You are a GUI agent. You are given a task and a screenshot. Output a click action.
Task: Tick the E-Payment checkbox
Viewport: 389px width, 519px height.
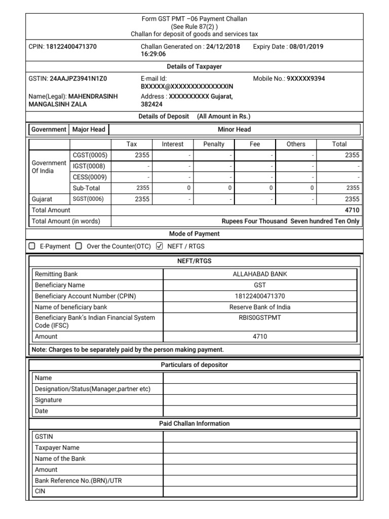tap(32, 246)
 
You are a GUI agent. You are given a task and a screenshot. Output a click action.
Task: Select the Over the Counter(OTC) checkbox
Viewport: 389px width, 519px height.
tap(79, 246)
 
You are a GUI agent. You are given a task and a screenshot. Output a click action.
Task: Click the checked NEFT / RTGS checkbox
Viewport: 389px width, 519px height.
tap(160, 246)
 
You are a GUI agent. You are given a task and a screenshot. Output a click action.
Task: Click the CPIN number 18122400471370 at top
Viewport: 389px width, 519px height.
tap(71, 47)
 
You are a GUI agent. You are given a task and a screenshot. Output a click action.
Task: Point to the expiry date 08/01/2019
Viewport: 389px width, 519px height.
tap(306, 47)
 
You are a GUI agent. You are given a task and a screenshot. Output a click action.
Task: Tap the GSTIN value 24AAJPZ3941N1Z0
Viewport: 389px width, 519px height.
tap(79, 79)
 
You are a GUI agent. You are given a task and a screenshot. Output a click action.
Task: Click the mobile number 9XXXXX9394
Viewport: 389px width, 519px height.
tap(306, 79)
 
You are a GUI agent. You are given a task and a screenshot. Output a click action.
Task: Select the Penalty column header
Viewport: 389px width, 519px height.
tap(214, 144)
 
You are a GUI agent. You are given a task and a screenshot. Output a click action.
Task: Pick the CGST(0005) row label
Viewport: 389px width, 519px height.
tap(90, 156)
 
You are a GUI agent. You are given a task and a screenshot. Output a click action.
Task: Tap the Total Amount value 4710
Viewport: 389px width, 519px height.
tap(352, 210)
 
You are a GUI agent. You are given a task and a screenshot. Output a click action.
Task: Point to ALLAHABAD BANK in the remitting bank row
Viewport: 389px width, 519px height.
tap(260, 274)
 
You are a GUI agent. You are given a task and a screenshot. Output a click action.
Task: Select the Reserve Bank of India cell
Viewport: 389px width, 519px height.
tap(260, 307)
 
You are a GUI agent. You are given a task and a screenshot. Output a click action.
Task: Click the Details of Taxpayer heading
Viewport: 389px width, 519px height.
tap(194, 66)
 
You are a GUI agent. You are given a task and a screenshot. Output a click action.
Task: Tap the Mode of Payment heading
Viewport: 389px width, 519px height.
tap(194, 234)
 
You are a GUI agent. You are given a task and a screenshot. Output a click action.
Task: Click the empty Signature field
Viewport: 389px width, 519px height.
tap(260, 400)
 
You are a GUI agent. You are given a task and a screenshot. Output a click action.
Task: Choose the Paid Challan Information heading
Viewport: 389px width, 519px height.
tap(194, 424)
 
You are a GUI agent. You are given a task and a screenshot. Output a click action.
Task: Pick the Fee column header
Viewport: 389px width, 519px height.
tap(255, 144)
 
